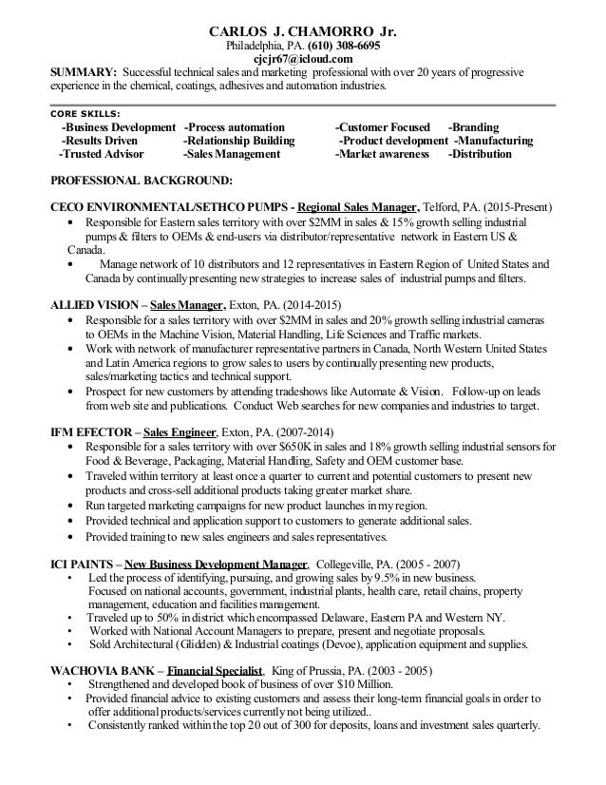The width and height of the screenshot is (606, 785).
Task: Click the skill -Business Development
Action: [118, 127]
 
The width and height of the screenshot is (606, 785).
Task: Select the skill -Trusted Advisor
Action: [102, 153]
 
